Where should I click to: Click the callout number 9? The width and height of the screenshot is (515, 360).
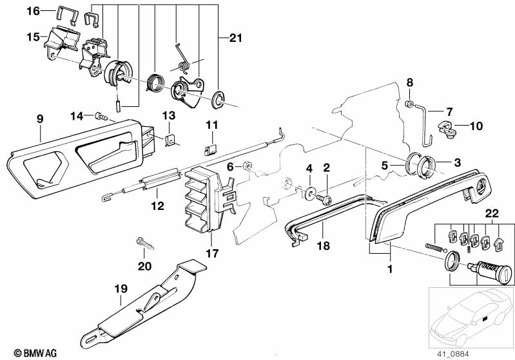tap(40, 119)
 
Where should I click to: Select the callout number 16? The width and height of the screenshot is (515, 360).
tap(32, 11)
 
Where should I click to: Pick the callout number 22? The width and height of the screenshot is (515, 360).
tap(492, 213)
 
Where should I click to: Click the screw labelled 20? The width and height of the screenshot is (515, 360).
tap(145, 244)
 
